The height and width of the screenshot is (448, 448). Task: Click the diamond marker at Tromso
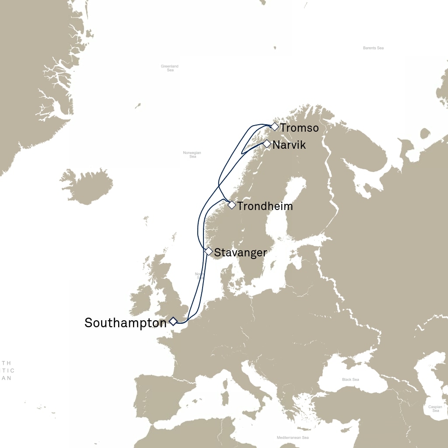pyautogui.click(x=274, y=127)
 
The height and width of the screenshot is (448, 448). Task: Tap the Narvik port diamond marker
pyautogui.click(x=266, y=143)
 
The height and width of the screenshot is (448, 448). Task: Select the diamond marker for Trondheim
pyautogui.click(x=232, y=205)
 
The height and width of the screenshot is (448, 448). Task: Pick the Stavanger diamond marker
pyautogui.click(x=209, y=252)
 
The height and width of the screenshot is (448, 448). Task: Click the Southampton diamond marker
pyautogui.click(x=173, y=321)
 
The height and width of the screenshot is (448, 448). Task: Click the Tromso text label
pyautogui.click(x=299, y=128)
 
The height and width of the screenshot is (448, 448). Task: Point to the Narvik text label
pyautogui.click(x=289, y=145)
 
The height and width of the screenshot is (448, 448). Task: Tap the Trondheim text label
pyautogui.click(x=265, y=206)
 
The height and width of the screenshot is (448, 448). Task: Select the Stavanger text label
pyautogui.click(x=240, y=253)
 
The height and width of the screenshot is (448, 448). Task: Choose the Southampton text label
pyautogui.click(x=126, y=323)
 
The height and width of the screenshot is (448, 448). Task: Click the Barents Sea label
pyautogui.click(x=373, y=48)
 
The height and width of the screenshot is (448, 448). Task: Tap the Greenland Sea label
pyautogui.click(x=170, y=68)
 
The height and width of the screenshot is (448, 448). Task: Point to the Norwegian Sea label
pyautogui.click(x=192, y=154)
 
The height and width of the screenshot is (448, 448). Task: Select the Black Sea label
pyautogui.click(x=350, y=379)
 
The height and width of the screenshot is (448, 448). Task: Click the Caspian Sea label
pyautogui.click(x=435, y=409)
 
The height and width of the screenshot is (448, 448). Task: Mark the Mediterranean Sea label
pyautogui.click(x=293, y=437)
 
